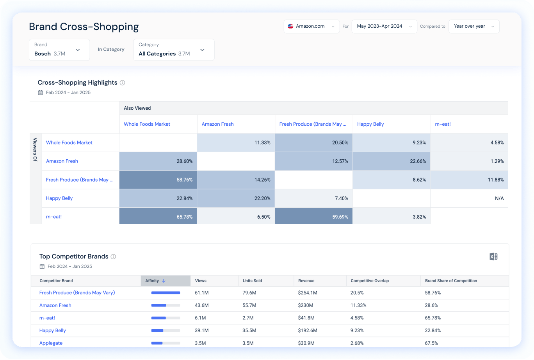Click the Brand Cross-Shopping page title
pos(84,27)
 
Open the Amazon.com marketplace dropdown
pos(311,27)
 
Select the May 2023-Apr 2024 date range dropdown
pos(384,27)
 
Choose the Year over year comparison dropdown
pos(473,27)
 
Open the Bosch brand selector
pos(59,50)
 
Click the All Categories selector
pos(173,50)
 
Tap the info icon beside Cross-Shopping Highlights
pos(122,83)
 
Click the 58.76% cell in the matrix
pos(158,180)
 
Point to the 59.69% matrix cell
pos(313,217)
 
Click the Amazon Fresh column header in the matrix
pos(217,124)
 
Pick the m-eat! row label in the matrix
pos(54,217)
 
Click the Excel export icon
pos(493,257)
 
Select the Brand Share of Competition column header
pos(451,281)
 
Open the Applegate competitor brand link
pos(51,343)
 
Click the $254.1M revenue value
pos(308,293)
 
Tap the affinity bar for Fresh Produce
pos(166,293)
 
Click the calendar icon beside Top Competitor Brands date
pos(42,266)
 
